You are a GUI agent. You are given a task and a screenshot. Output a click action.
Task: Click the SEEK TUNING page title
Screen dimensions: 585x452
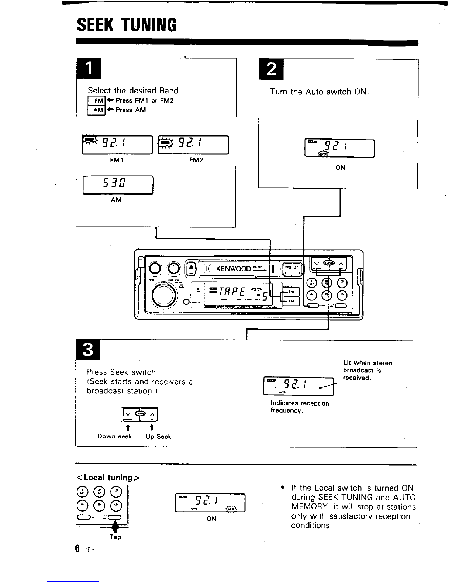coord(127,25)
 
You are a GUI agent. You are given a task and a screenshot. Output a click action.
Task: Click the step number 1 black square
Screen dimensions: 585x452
coord(89,69)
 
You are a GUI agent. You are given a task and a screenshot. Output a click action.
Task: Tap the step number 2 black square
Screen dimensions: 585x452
coord(271,69)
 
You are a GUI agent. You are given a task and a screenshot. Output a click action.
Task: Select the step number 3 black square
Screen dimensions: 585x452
coord(88,349)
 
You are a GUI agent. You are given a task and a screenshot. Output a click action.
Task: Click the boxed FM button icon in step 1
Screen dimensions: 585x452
coord(97,100)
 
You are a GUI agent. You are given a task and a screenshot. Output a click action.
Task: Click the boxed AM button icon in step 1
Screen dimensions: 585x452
coord(97,110)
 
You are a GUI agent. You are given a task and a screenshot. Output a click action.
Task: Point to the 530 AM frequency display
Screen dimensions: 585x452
coord(118,185)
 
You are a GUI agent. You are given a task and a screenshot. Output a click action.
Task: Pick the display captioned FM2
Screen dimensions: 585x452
coord(193,145)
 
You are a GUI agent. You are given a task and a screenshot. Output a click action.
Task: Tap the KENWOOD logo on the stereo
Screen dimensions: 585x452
coord(233,269)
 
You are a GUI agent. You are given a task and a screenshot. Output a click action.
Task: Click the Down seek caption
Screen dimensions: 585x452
coord(114,437)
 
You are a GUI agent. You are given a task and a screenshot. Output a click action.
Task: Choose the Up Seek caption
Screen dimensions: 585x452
coord(158,437)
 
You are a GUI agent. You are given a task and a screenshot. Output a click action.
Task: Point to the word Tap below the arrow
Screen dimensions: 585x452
coord(115,537)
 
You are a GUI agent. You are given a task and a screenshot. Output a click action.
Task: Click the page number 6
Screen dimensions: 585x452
coord(77,548)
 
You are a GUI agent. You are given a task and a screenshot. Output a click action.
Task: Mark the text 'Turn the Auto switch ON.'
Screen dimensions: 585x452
coord(320,92)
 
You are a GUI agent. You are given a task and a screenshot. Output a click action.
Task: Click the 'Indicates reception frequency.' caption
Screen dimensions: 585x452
coord(300,407)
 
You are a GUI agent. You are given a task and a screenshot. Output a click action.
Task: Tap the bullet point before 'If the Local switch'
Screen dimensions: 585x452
coord(282,488)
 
